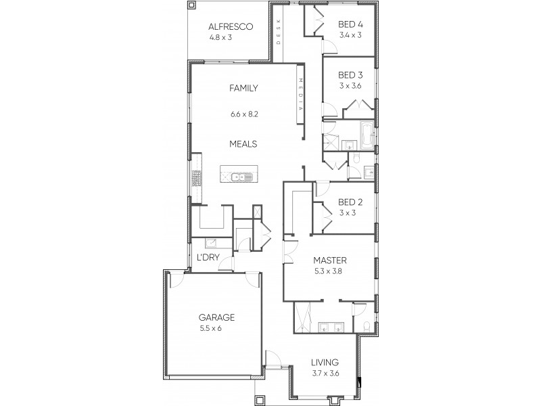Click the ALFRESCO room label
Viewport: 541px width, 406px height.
[x=230, y=27]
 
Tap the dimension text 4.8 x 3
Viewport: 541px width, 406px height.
[x=230, y=38]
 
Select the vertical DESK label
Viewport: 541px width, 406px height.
[x=278, y=31]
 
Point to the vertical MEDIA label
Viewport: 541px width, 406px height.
[x=300, y=95]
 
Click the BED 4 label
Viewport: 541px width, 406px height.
[x=350, y=24]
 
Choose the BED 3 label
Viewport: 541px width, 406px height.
[x=350, y=74]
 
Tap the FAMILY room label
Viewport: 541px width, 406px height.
[x=243, y=88]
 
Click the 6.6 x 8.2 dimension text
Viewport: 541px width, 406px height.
[x=243, y=114]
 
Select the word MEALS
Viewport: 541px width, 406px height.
[x=243, y=143]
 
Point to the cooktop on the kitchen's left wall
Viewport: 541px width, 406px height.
[x=197, y=178]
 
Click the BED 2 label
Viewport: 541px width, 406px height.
[x=350, y=202]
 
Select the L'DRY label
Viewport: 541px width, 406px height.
[x=207, y=258]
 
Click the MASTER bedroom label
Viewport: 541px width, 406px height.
[x=330, y=260]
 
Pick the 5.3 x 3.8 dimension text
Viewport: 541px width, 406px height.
[x=330, y=271]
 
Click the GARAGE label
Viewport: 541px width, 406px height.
[x=216, y=317]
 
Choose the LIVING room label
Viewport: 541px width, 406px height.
[x=325, y=363]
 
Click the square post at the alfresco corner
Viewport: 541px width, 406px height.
[x=191, y=5]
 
